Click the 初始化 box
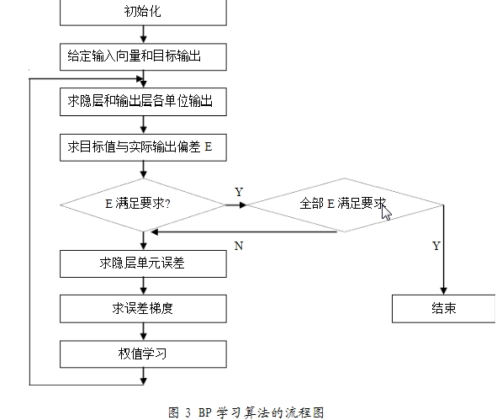pos(143,13)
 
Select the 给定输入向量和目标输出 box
pos(143,57)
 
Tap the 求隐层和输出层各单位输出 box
pos(143,102)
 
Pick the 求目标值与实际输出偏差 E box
pos(143,147)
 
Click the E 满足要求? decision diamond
pos(143,205)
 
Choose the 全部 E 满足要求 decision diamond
pos(345,205)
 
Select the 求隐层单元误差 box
pos(143,263)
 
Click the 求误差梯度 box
pos(143,309)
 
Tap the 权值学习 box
pos(143,354)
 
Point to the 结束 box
pos(444,309)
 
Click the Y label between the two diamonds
pos(239,192)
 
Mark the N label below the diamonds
pos(239,246)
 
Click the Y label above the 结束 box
pos(436,246)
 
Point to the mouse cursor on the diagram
pos(386,213)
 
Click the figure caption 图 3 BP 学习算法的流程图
pos(246,412)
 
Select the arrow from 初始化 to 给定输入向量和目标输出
pos(144,35)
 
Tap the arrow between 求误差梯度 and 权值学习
pos(144,332)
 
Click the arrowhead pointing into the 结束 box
pos(443,291)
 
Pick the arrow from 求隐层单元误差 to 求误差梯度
pos(144,286)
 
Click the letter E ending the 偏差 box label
pos(208,147)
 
